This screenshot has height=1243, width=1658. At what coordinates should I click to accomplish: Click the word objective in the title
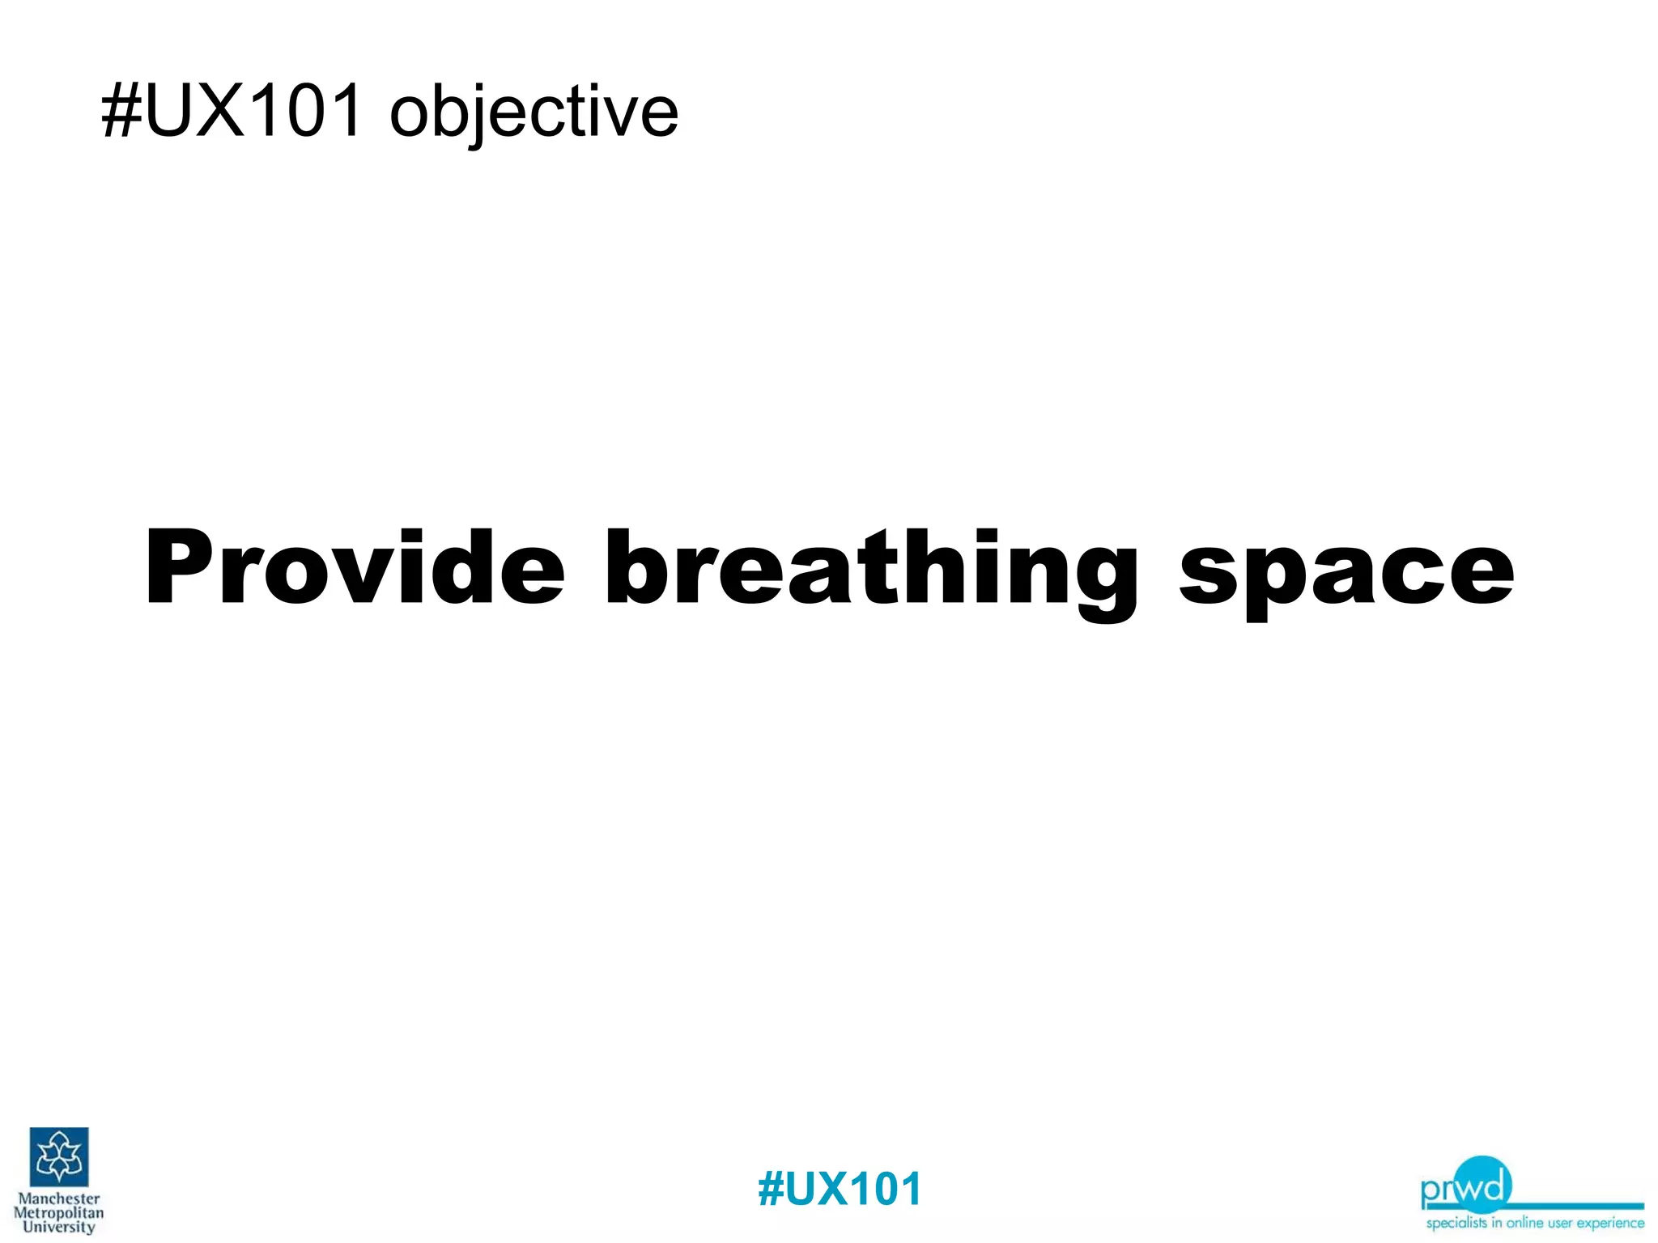[x=534, y=113]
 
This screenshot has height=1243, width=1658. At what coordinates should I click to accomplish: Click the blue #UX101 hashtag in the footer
[x=840, y=1189]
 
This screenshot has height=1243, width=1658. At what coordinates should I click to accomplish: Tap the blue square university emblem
[x=59, y=1156]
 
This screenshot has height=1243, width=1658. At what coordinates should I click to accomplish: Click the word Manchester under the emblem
[x=59, y=1198]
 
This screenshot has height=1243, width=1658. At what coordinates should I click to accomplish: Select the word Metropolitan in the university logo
[x=59, y=1213]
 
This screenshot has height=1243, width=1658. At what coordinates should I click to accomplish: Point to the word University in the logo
[x=59, y=1227]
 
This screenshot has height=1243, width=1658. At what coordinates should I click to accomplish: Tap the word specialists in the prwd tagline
[x=1456, y=1223]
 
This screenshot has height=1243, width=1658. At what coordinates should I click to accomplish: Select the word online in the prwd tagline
[x=1524, y=1222]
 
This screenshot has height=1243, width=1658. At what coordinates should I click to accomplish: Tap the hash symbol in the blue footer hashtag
[x=770, y=1189]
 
